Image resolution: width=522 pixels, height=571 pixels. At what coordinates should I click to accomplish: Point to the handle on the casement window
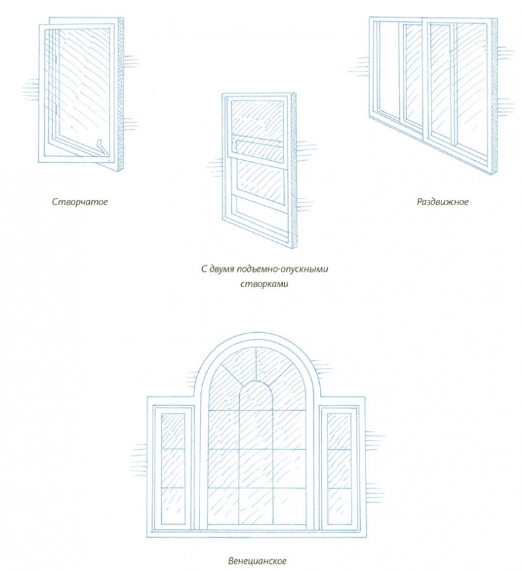tap(100, 144)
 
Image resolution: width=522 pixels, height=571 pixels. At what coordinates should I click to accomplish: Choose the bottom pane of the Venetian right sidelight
tap(340, 506)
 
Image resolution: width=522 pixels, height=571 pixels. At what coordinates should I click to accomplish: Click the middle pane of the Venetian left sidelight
tap(173, 468)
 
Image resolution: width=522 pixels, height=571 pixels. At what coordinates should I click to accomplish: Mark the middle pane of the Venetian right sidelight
tap(340, 468)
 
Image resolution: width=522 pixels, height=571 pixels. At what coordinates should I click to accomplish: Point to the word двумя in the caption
tap(227, 269)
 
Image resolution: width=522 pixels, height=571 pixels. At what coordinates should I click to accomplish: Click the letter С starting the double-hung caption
tap(203, 269)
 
